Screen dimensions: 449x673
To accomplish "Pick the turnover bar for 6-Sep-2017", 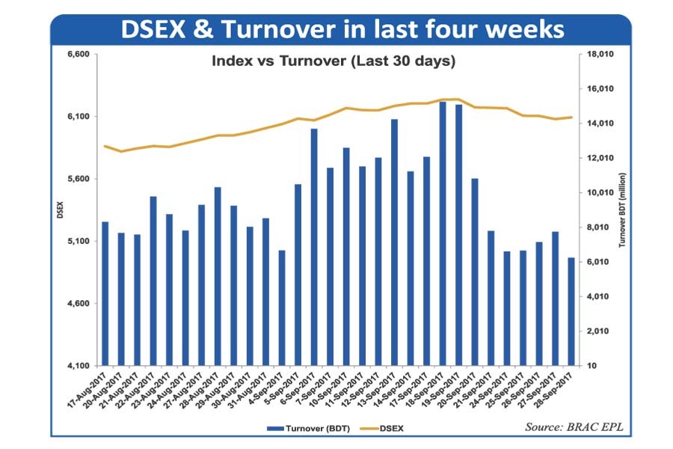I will tap(314, 247).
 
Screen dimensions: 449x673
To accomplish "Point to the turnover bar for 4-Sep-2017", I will tap(282, 308).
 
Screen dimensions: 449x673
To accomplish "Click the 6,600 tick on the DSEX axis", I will tap(79, 55).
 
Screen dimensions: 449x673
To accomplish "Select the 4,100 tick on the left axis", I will tap(79, 366).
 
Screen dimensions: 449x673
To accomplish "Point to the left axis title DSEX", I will tap(59, 211).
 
